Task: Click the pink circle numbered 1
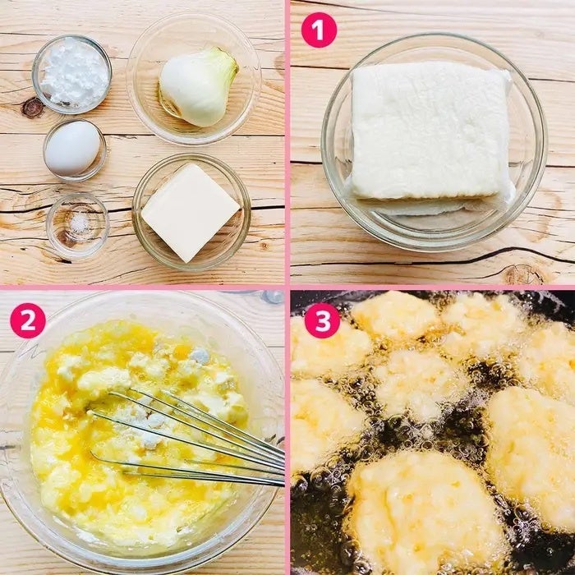319,30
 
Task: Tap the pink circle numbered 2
28,320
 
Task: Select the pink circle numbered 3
322,320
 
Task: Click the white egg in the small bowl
72,148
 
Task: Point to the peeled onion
198,86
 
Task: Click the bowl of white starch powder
72,74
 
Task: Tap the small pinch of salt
77,223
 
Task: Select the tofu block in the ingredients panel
191,213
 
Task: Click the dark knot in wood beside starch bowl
33,108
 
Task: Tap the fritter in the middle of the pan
418,384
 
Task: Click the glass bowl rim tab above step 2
272,297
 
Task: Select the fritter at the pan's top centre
396,315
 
